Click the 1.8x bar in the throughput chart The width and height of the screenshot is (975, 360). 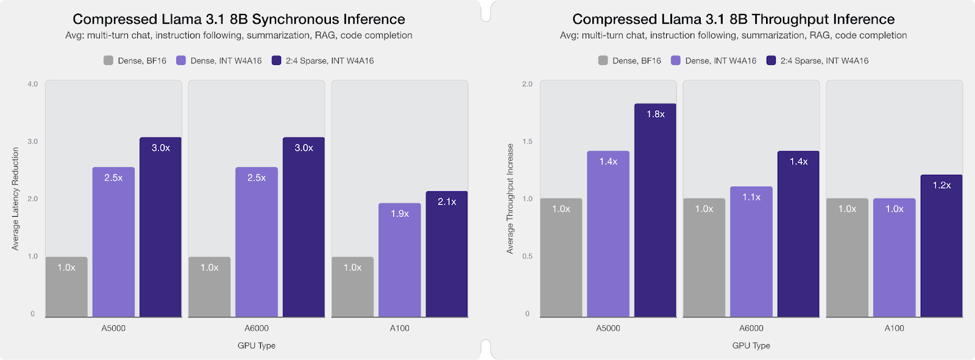coord(655,210)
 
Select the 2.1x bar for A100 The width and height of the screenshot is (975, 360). coord(447,254)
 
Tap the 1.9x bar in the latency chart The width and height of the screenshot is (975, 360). coord(399,260)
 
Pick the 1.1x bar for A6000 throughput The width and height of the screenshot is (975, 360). coord(751,252)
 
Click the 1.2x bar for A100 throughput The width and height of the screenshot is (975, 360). coord(941,245)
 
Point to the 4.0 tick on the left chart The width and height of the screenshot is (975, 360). coord(32,84)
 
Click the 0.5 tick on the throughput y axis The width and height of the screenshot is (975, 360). coord(527,256)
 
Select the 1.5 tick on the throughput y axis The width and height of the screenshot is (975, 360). coord(527,141)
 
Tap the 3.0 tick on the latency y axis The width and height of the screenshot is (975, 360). coord(32,141)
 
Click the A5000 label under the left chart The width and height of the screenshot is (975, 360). coord(113,328)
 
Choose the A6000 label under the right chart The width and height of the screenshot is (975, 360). coord(751,328)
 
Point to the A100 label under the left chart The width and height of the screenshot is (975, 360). coord(399,328)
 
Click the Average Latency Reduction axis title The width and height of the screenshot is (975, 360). coord(15,199)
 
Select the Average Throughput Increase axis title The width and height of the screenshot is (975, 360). coord(510,199)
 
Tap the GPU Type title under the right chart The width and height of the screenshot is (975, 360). coord(751,345)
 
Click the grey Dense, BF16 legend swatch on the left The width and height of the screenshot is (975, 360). coord(108,60)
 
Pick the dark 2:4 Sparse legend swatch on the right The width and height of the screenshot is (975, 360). coord(771,60)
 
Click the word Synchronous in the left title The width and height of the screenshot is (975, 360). coord(292,19)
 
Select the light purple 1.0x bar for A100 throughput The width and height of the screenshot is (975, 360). coord(894,257)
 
